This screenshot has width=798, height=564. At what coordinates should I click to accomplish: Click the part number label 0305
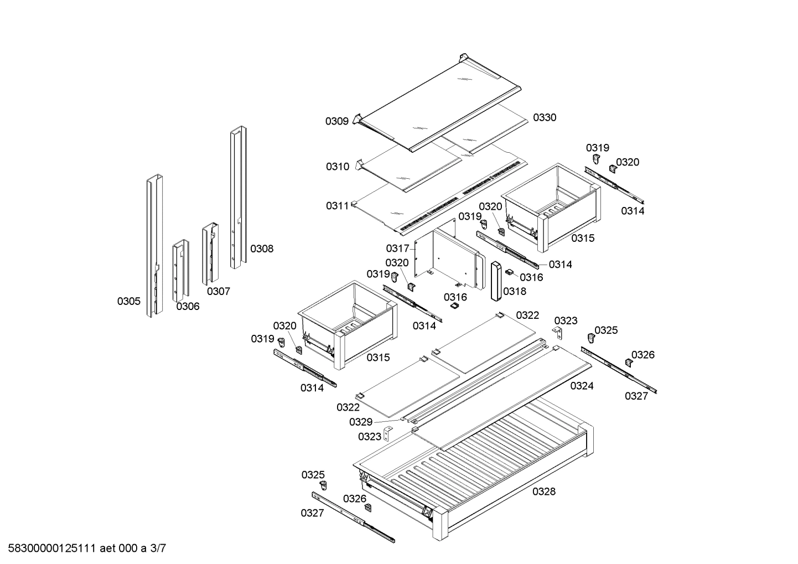point(128,301)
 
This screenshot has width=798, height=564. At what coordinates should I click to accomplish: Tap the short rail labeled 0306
point(180,271)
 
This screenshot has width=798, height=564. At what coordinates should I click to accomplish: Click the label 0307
point(219,291)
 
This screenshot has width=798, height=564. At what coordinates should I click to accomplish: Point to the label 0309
point(336,121)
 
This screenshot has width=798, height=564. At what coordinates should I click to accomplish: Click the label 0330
point(545,117)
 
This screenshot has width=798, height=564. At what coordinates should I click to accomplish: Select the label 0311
point(337,206)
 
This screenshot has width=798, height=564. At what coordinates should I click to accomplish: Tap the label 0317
point(397,249)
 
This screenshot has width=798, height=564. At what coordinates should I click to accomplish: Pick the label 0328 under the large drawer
point(544,491)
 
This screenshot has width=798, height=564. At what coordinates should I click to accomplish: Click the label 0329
point(360,422)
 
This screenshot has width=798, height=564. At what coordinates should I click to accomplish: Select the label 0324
point(582,386)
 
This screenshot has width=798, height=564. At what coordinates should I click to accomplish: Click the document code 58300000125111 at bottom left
point(50,549)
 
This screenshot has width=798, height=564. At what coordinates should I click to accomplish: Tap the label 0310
point(337,167)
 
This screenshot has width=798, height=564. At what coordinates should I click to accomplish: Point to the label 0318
point(515,291)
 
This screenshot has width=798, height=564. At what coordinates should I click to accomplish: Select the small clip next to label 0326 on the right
point(629,362)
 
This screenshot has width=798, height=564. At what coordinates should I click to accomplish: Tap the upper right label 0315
point(583,238)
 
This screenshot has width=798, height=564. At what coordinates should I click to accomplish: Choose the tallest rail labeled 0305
point(154,246)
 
